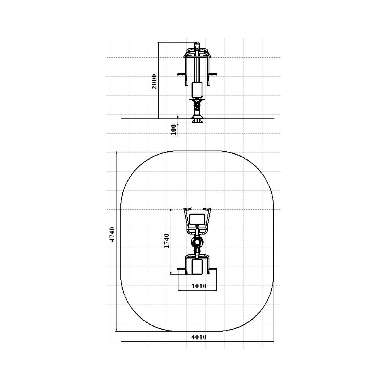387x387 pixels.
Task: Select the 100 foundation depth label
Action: pos(174,130)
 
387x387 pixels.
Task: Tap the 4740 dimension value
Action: pos(112,234)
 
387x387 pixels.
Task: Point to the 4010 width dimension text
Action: pos(199,337)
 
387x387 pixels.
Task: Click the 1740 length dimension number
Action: pos(166,241)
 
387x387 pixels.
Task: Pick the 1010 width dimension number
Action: pos(199,286)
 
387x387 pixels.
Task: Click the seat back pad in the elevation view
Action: pos(197,89)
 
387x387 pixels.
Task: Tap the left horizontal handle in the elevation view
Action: pos(181,74)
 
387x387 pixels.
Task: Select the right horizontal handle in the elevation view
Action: pos(213,74)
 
